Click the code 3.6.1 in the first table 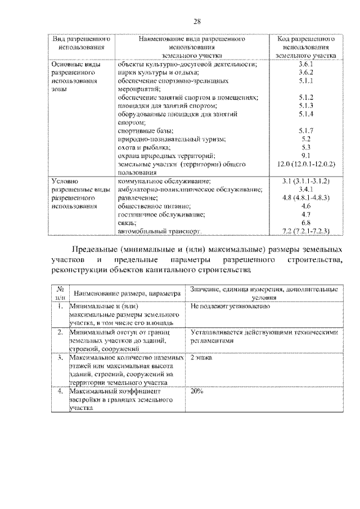[x=306, y=64]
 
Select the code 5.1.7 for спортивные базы [x=306, y=130]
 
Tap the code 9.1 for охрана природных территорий [x=306, y=155]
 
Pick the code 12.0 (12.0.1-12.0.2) [x=306, y=164]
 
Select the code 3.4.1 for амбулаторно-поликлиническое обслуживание [x=306, y=190]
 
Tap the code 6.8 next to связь [x=306, y=223]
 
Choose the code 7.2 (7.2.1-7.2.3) [x=306, y=231]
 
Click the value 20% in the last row [x=197, y=390]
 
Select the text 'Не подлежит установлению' [x=231, y=307]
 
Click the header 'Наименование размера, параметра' [x=127, y=294]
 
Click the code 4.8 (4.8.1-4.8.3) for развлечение [x=306, y=198]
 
